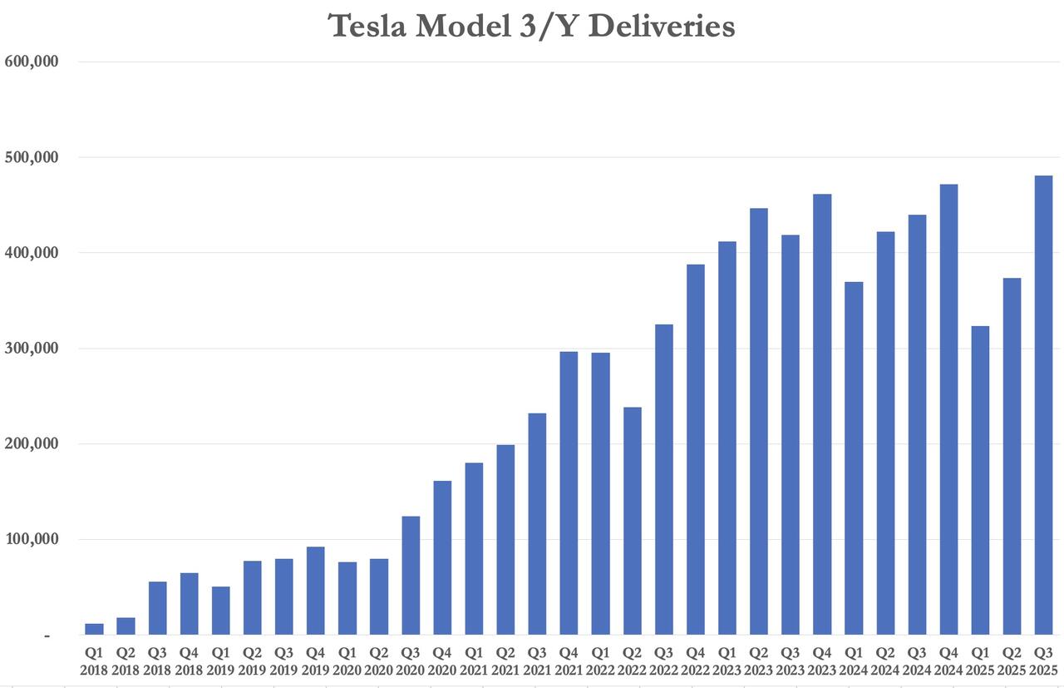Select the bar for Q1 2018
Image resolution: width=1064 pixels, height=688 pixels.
(94, 630)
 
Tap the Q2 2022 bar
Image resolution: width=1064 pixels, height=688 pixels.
(632, 521)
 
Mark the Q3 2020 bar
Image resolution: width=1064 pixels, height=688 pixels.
(411, 576)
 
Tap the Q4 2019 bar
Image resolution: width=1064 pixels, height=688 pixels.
(316, 591)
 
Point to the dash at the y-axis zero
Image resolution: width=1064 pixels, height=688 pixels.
(47, 636)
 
